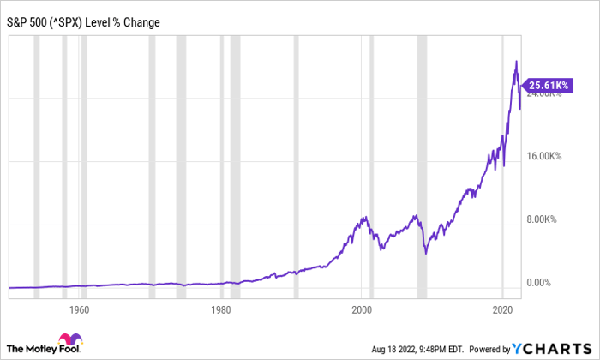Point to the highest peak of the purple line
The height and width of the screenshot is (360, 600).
(x=516, y=62)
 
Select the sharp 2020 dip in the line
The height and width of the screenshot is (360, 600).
(x=503, y=165)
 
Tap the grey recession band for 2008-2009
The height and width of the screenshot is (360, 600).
(x=422, y=163)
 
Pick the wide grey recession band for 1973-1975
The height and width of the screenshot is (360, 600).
(x=181, y=163)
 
